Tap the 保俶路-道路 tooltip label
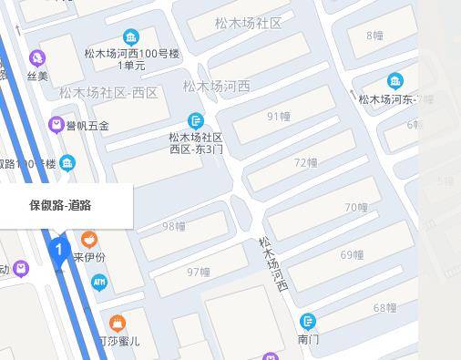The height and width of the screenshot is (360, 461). pyautogui.click(x=60, y=205)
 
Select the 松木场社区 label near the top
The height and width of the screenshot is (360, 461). pyautogui.click(x=249, y=23)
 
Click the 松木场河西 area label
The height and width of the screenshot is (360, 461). pyautogui.click(x=216, y=87)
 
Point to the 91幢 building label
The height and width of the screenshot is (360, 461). pyautogui.click(x=278, y=117)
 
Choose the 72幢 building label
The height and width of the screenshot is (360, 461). pyautogui.click(x=306, y=162)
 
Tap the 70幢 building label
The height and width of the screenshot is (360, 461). pyautogui.click(x=356, y=208)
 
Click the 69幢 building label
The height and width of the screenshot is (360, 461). pyautogui.click(x=352, y=254)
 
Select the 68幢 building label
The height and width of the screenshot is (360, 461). pyautogui.click(x=384, y=308)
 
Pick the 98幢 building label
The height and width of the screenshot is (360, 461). pyautogui.click(x=173, y=226)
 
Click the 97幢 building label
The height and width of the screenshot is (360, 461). pyautogui.click(x=199, y=272)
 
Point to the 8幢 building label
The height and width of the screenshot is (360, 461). pyautogui.click(x=374, y=36)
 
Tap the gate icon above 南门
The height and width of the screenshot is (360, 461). pyautogui.click(x=309, y=321)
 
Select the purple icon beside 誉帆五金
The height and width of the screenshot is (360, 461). pyautogui.click(x=56, y=124)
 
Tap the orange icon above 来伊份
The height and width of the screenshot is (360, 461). pyautogui.click(x=89, y=239)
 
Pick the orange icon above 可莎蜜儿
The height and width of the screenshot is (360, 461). pyautogui.click(x=118, y=323)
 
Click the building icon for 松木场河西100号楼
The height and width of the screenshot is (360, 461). pyautogui.click(x=132, y=37)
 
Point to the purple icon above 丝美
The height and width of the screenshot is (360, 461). pyautogui.click(x=36, y=57)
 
